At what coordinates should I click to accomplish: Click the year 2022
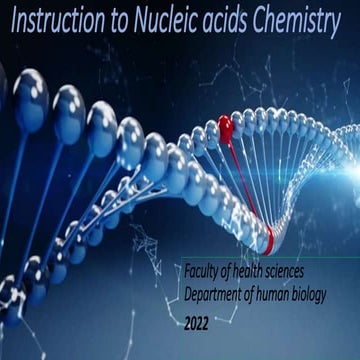coord(200,326)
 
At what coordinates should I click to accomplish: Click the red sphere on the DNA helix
coord(225,127)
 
